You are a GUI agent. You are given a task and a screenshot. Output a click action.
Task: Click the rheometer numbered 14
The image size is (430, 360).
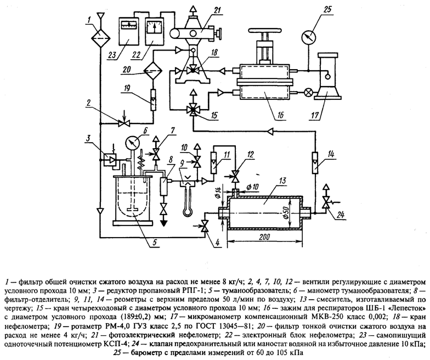[x=315, y=162]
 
